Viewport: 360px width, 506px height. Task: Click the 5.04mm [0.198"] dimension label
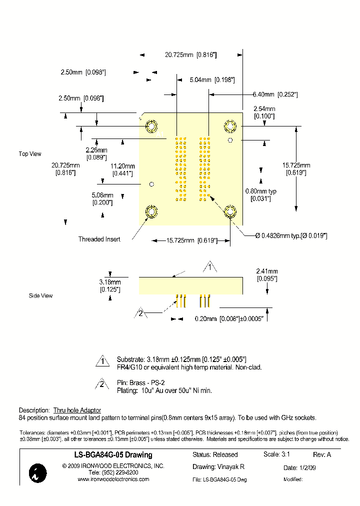(212, 79)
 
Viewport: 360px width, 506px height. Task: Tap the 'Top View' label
(30, 154)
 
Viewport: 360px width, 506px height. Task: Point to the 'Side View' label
(41, 296)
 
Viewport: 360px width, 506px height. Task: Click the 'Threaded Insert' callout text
(99, 239)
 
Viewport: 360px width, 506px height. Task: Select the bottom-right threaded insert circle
(230, 212)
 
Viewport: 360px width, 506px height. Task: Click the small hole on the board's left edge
(152, 184)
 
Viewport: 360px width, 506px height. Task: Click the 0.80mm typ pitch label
(260, 195)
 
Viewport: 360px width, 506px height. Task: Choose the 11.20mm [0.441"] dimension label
(122, 169)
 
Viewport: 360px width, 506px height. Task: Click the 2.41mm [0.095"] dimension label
(266, 274)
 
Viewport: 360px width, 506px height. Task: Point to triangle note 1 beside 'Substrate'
(102, 361)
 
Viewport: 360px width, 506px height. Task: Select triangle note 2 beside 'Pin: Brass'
(102, 385)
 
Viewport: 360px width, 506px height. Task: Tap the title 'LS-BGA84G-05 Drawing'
(109, 455)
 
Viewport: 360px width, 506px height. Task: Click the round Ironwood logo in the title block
(38, 473)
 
